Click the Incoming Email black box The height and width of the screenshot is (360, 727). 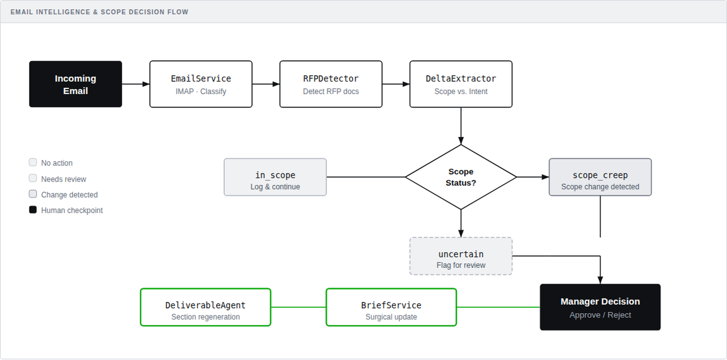(75, 84)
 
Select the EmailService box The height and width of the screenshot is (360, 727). (201, 84)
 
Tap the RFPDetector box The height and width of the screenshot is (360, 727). (331, 84)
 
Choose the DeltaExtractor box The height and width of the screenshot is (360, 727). (461, 84)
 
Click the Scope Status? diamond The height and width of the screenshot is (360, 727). (461, 177)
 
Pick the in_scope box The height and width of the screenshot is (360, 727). (275, 177)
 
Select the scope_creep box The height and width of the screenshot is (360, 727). (600, 177)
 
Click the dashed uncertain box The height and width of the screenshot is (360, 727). (461, 256)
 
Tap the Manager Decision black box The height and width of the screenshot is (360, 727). (600, 307)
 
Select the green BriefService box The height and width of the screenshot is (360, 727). (391, 307)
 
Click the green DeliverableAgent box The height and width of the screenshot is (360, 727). (205, 307)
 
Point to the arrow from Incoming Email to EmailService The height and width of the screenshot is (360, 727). (136, 84)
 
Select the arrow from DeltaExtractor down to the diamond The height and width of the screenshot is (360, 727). (461, 126)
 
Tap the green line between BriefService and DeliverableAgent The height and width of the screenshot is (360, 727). (298, 307)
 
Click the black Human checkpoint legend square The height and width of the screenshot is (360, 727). (33, 210)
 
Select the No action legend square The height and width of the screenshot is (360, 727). (33, 162)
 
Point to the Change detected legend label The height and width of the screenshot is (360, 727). (69, 195)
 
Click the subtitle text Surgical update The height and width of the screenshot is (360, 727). (391, 317)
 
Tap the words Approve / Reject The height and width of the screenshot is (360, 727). (600, 315)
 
